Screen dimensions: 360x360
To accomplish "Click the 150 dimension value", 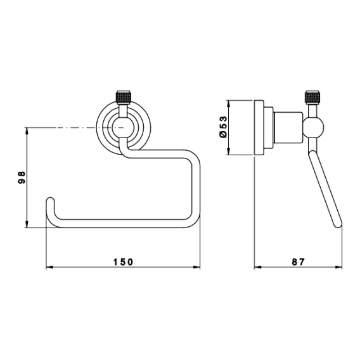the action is [124, 262].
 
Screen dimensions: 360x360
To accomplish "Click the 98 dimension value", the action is [22, 177].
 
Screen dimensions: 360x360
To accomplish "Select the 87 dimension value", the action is [299, 262].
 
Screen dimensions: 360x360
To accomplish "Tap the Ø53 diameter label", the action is [223, 127].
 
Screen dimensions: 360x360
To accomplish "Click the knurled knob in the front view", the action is [124, 98].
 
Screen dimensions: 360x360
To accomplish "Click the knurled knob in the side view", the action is [312, 98].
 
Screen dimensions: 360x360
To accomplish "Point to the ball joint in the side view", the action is [313, 127].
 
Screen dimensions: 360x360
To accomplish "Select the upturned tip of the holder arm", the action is [51, 200].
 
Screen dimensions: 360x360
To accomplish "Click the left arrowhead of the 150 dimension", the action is [49, 267].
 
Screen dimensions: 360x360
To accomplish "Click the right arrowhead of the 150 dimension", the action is [196, 267].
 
